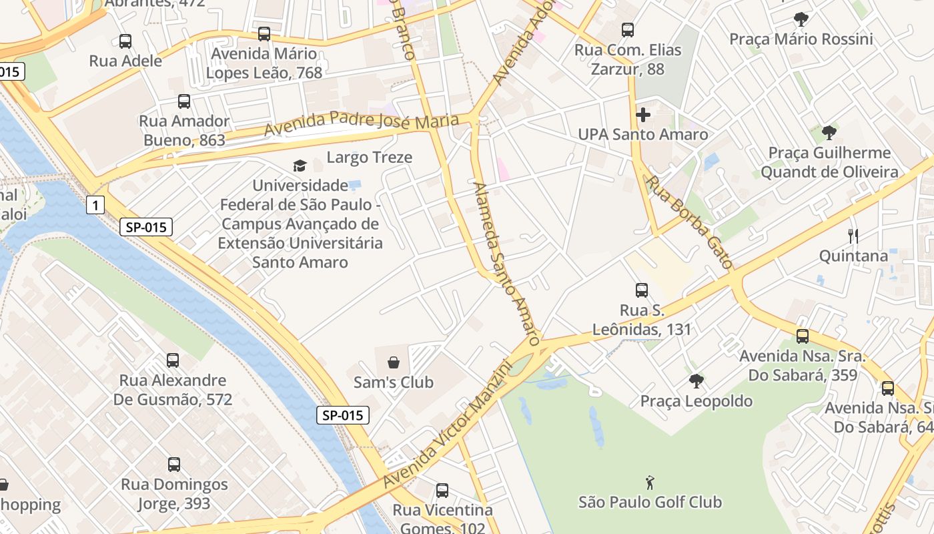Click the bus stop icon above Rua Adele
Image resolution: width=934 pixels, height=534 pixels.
(x=125, y=41)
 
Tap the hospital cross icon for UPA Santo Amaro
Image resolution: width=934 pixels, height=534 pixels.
(x=643, y=115)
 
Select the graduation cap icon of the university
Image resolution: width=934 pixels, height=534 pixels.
(x=300, y=166)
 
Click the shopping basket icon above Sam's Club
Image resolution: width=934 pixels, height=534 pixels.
(x=394, y=362)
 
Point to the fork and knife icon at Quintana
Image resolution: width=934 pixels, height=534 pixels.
(x=853, y=236)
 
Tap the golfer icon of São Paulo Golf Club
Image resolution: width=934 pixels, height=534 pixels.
(x=650, y=482)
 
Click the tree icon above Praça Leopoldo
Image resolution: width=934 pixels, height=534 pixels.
(x=696, y=381)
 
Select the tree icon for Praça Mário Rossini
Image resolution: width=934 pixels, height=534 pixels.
(x=801, y=19)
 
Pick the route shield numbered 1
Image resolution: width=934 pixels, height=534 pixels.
(x=95, y=205)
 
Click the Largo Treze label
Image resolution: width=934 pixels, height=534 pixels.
(x=370, y=158)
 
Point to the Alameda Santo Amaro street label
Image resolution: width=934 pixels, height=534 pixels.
(x=506, y=263)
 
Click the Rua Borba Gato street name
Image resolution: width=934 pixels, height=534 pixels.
(x=690, y=222)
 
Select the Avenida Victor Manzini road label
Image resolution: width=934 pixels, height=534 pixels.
(x=447, y=425)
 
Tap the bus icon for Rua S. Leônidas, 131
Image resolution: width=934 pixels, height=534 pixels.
(x=642, y=290)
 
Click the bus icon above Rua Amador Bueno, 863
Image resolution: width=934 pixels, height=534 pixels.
(x=184, y=101)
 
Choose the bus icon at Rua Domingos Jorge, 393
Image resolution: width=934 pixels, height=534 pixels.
(x=174, y=465)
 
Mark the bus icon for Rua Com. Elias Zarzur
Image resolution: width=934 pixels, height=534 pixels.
(x=628, y=30)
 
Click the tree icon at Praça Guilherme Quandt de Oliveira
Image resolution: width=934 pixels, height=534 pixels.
(x=829, y=133)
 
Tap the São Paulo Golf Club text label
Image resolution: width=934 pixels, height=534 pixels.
(x=650, y=502)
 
